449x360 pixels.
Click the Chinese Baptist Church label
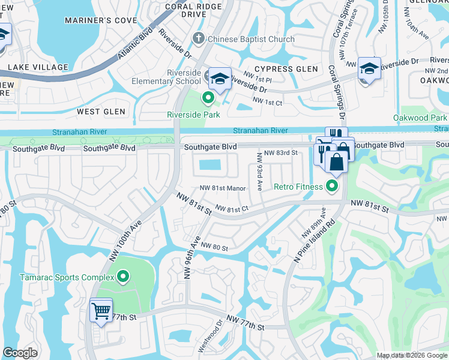251,40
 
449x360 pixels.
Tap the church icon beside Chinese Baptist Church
199,40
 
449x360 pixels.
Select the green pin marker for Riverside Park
209,97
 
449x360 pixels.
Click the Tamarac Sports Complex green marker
123,277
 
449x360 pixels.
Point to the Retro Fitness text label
298,187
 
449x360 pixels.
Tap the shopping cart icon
100,311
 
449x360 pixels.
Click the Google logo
20,353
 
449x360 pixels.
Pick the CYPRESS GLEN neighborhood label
286,69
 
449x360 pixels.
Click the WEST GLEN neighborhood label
101,112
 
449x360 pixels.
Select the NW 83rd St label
282,153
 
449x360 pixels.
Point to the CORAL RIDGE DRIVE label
194,10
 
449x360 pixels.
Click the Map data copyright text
412,355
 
